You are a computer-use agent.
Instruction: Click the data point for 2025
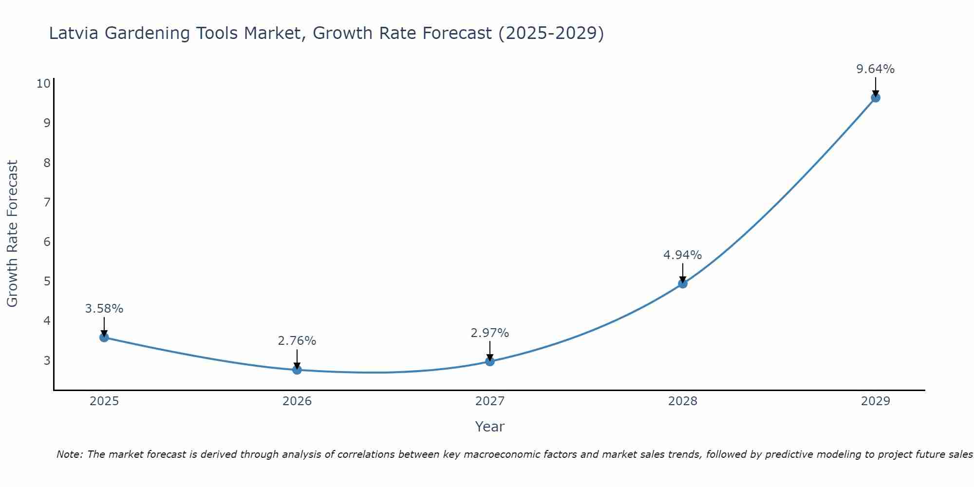coord(104,337)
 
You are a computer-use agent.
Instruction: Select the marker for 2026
coord(297,370)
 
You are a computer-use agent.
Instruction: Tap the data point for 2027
coord(490,361)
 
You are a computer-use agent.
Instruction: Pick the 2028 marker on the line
coord(683,283)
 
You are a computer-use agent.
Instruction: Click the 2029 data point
coord(875,97)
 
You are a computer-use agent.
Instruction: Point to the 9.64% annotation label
coord(875,69)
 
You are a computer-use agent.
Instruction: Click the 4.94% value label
coord(682,255)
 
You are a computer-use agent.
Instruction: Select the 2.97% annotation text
coord(489,333)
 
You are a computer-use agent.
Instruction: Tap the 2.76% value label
coord(297,341)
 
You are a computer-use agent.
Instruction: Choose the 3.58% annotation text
coord(104,309)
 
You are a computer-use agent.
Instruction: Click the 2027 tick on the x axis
coord(490,401)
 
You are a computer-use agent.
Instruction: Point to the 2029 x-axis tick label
coord(875,401)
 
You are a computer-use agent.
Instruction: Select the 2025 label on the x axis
coord(104,401)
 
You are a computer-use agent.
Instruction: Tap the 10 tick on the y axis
coord(43,83)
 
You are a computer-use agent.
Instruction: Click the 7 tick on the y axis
coord(47,202)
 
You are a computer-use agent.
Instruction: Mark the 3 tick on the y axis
coord(47,360)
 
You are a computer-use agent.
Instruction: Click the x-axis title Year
coord(489,427)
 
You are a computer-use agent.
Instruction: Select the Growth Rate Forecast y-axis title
coord(12,234)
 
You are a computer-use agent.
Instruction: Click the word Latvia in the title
coord(74,33)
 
